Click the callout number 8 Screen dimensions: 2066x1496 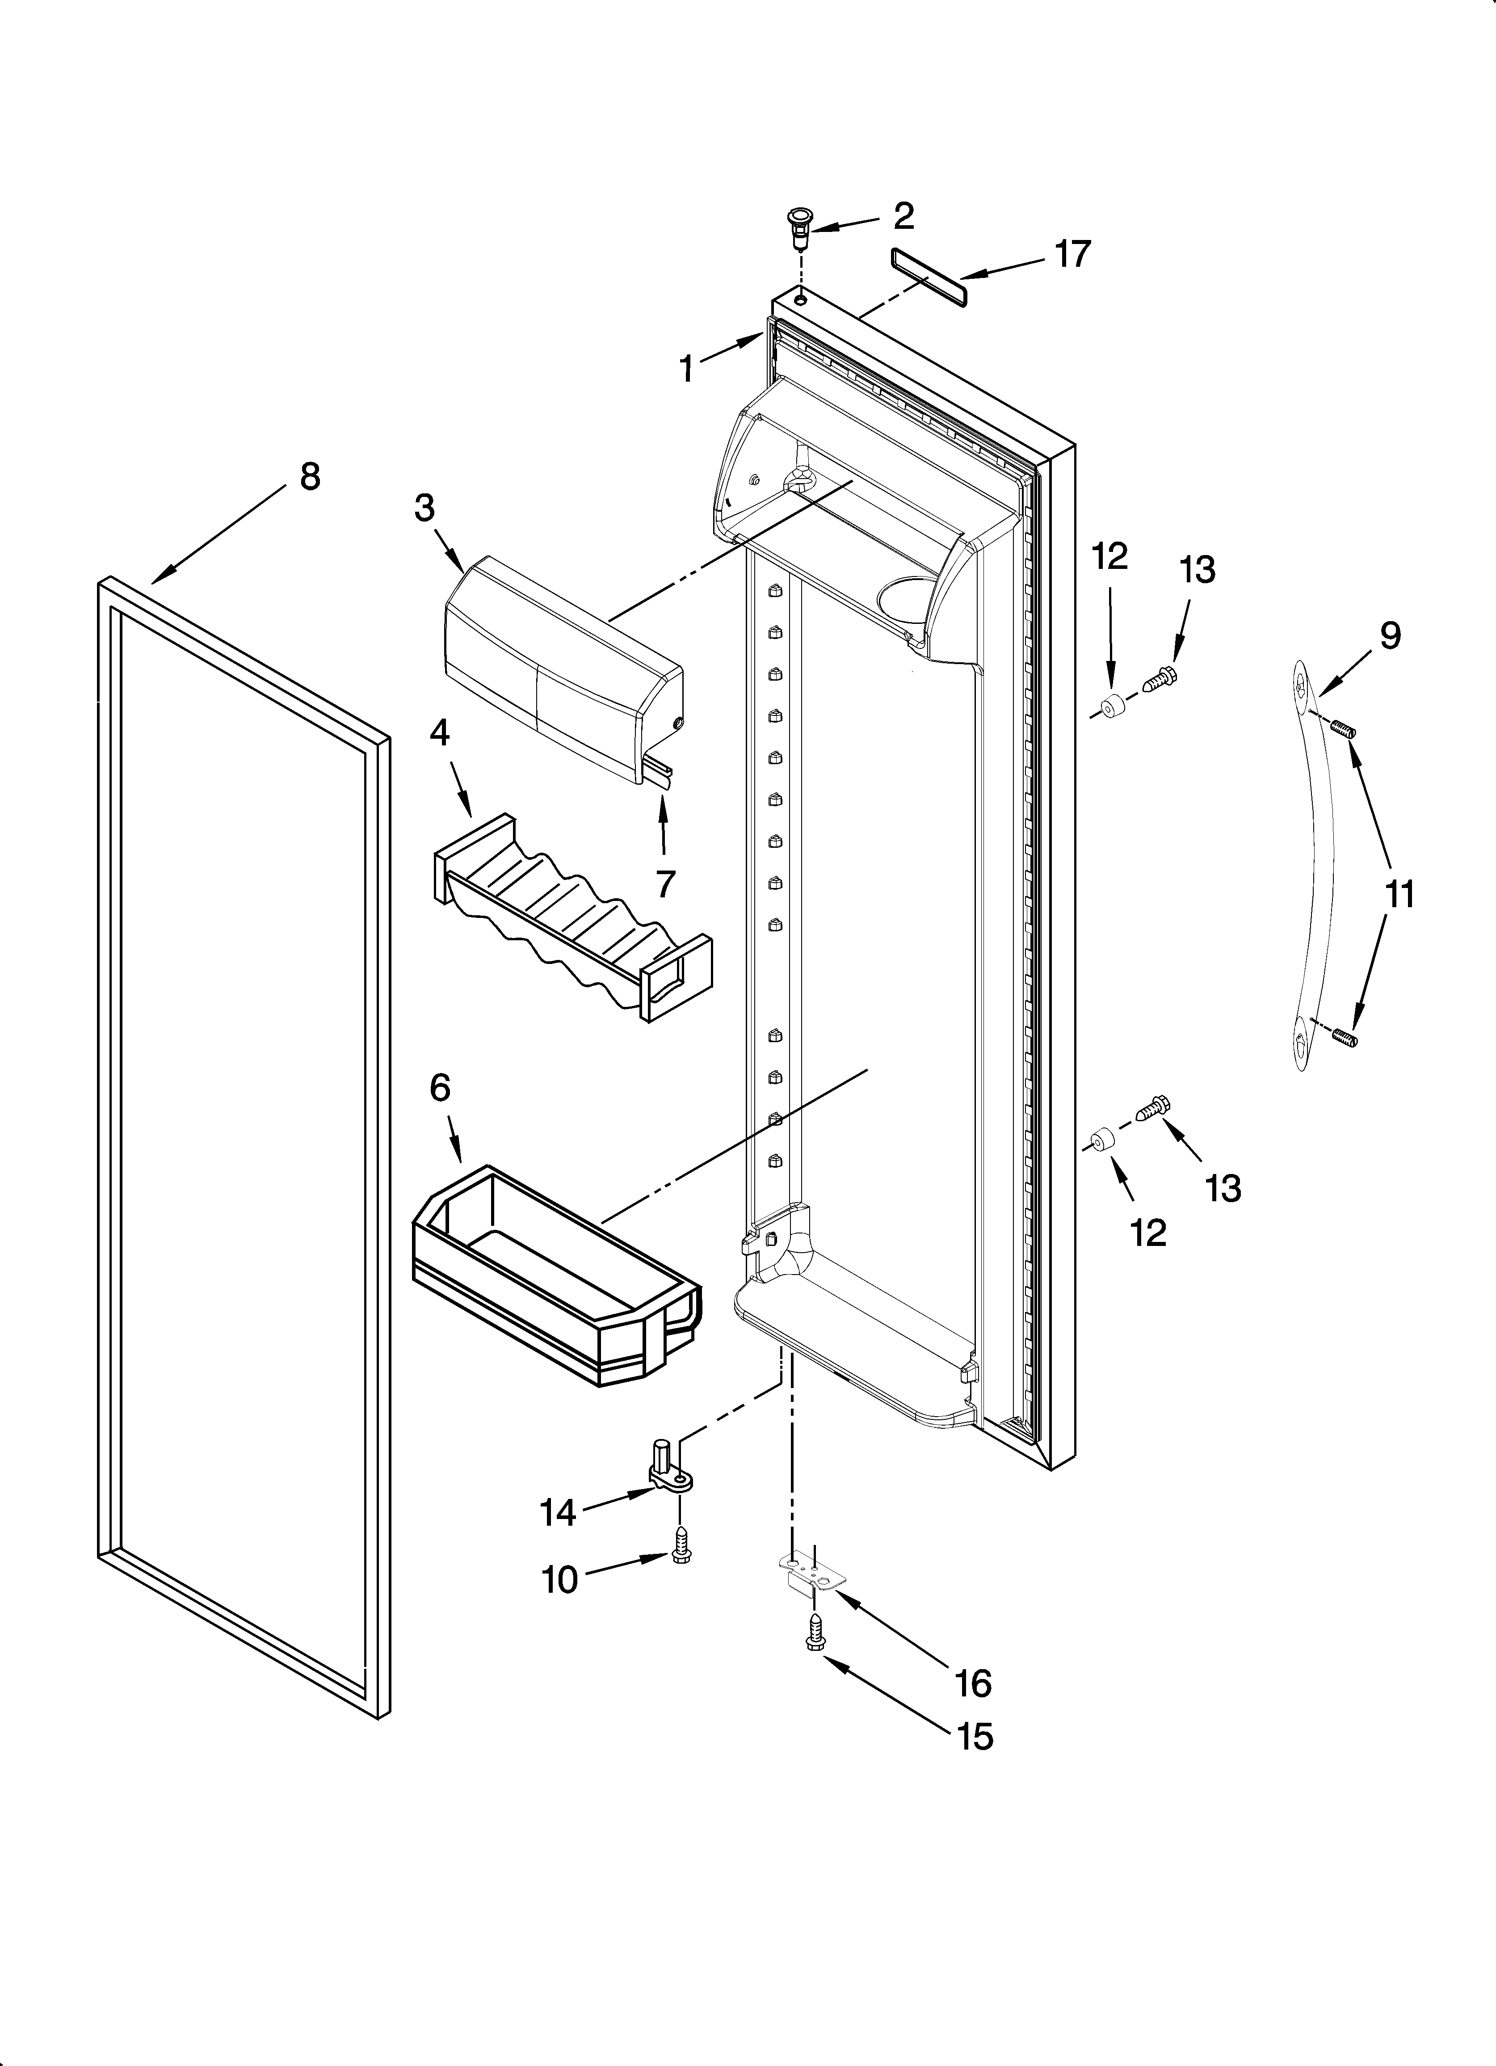(x=310, y=476)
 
